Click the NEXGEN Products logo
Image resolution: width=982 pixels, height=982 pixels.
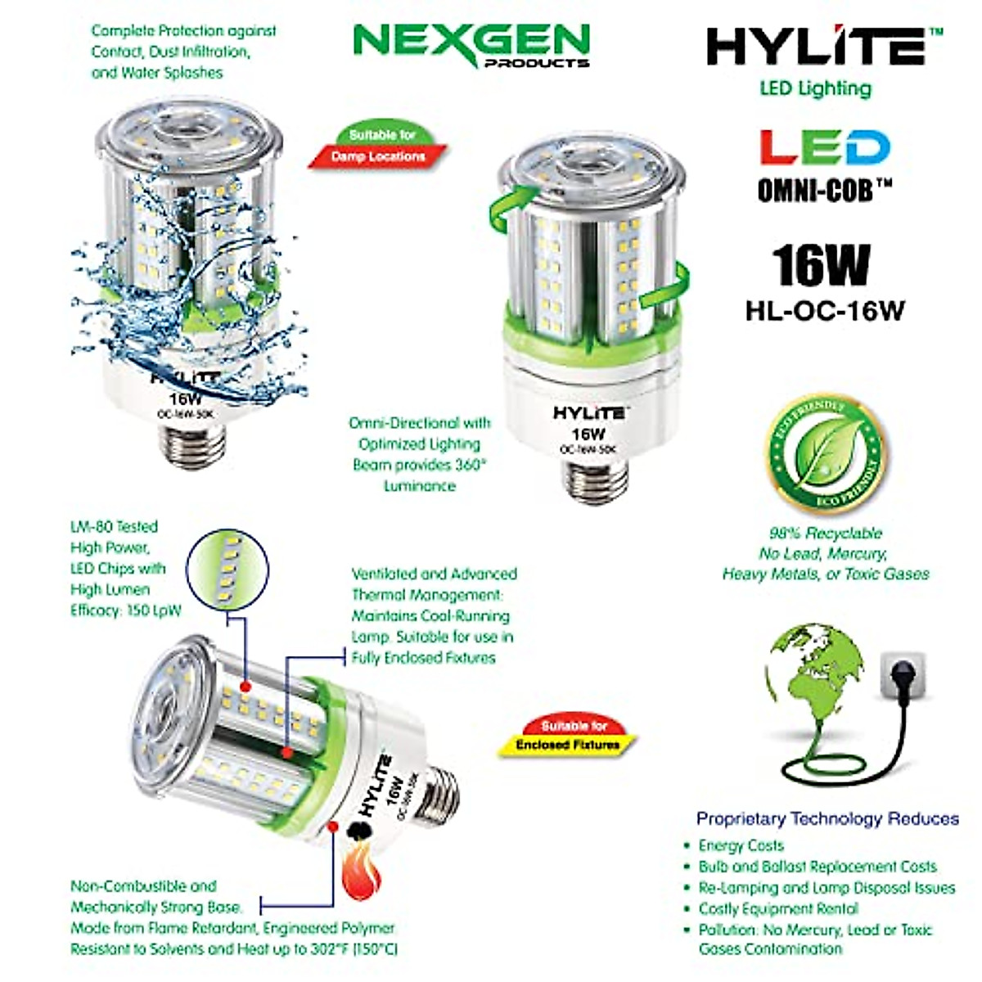tap(473, 45)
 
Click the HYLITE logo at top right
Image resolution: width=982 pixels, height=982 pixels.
tap(823, 47)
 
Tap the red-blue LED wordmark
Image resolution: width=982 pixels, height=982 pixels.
tap(822, 148)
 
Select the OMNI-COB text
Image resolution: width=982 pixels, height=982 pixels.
tap(824, 191)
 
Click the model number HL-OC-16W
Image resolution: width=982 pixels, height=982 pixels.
tap(824, 311)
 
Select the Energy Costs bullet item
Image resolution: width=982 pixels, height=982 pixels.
tap(740, 845)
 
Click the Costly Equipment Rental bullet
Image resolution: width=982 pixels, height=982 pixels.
tap(777, 908)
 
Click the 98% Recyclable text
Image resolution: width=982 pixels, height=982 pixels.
tap(825, 534)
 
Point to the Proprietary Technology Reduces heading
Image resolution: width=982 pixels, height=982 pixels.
tap(827, 818)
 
